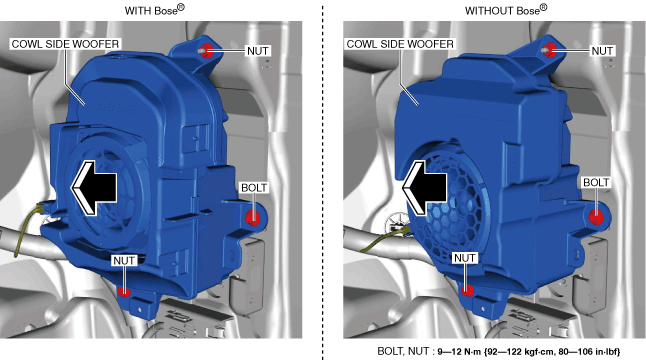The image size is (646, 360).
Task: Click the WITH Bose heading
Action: [154, 10]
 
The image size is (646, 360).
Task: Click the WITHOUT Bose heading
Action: [506, 10]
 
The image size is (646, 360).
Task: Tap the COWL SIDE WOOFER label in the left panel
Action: [65, 44]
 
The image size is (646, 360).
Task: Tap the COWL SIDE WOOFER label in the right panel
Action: [400, 44]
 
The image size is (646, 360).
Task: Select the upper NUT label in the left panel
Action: [258, 51]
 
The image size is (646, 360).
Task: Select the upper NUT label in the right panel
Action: [602, 51]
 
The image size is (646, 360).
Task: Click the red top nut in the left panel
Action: [207, 51]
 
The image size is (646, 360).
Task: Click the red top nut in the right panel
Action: [550, 50]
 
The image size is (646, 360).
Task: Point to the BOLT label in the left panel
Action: [254, 188]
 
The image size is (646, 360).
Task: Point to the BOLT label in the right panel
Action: [596, 182]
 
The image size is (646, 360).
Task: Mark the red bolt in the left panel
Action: [253, 217]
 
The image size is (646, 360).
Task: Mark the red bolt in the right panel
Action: [596, 217]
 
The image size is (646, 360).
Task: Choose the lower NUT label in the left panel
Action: [124, 261]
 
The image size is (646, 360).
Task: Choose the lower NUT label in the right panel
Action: [465, 258]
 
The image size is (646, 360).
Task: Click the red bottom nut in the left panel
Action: [124, 292]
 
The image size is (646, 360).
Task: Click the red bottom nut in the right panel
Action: [467, 290]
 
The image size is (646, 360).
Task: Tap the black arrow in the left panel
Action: [94, 188]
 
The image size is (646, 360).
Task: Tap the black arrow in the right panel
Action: [424, 188]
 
